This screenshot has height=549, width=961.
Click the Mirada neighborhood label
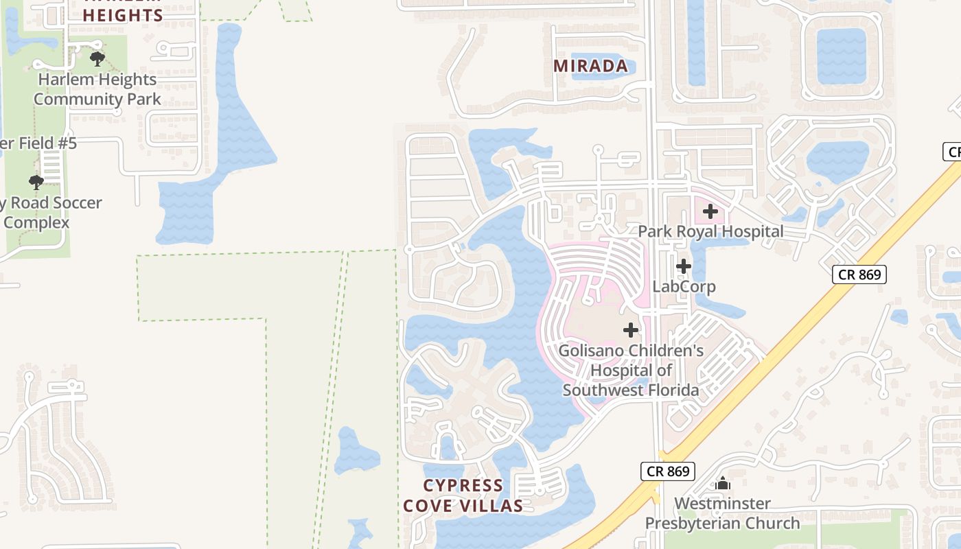click(590, 66)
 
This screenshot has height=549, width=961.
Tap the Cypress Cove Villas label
click(463, 495)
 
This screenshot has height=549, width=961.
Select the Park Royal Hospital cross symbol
click(710, 211)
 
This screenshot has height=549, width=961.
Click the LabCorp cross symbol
click(683, 266)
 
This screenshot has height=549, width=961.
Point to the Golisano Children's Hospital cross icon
click(631, 330)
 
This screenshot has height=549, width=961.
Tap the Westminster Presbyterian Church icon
click(722, 484)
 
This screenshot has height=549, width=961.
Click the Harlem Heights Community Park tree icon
click(97, 58)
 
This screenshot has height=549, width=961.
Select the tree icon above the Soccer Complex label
click(36, 182)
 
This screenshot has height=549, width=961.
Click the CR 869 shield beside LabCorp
click(859, 274)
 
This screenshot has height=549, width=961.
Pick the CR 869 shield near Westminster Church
click(668, 471)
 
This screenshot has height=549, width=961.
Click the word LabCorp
click(684, 286)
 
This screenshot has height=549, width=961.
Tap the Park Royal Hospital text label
click(710, 231)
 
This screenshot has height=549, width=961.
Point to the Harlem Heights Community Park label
click(97, 89)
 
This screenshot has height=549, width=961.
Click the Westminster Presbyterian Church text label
click(722, 513)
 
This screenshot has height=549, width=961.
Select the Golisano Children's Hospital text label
click(631, 371)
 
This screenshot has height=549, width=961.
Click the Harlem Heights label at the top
click(123, 14)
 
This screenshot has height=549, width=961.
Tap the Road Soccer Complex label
click(51, 213)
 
